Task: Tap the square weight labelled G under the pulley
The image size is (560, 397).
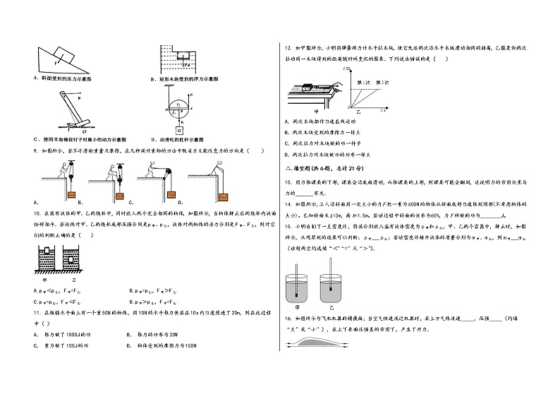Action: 179,131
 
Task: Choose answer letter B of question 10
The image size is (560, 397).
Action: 132,290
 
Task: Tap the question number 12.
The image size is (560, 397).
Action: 288,49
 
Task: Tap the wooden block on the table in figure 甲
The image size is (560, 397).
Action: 308,88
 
